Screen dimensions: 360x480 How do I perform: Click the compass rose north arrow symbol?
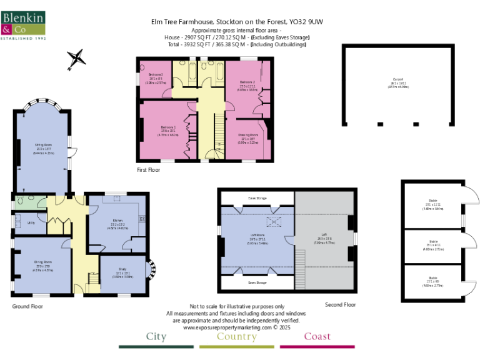point(76,59)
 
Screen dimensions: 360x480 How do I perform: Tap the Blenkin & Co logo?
point(23,24)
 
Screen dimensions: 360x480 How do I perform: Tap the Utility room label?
point(30,222)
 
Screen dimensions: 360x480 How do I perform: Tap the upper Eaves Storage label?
point(256,198)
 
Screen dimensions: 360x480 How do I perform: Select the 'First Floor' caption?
point(149,169)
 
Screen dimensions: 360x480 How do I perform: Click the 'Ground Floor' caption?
point(27,306)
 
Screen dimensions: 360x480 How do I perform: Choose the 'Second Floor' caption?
point(340,304)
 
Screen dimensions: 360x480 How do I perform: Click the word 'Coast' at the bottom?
point(317,337)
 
